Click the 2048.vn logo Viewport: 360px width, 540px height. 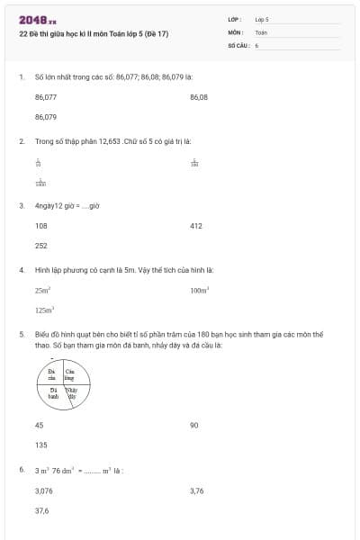(x=38, y=19)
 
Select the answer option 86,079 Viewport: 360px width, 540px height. (x=46, y=117)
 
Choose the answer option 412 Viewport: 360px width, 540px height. (x=196, y=226)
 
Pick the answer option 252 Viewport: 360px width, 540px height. (x=41, y=246)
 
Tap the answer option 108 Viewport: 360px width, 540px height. (x=41, y=226)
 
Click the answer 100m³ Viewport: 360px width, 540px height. (x=200, y=291)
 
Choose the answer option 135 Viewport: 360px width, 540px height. (x=41, y=445)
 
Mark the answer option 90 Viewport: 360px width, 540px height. (x=194, y=425)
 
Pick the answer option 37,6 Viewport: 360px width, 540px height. (x=42, y=509)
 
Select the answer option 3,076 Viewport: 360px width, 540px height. (x=44, y=490)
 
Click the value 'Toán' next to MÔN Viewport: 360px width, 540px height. (x=261, y=31)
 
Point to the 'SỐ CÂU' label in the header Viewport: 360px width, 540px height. (x=238, y=44)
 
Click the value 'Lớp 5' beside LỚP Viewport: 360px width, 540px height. (x=262, y=19)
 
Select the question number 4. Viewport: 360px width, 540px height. (x=21, y=270)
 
